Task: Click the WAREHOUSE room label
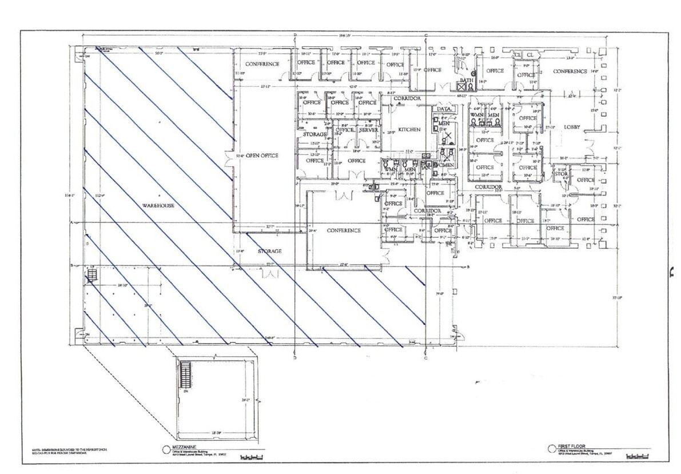tap(160, 205)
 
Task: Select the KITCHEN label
tap(409, 129)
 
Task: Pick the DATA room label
tap(444, 109)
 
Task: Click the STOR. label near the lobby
tap(560, 174)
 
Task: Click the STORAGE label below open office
tap(269, 252)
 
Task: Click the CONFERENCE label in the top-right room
tap(570, 71)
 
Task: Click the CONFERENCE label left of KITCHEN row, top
tap(262, 64)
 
